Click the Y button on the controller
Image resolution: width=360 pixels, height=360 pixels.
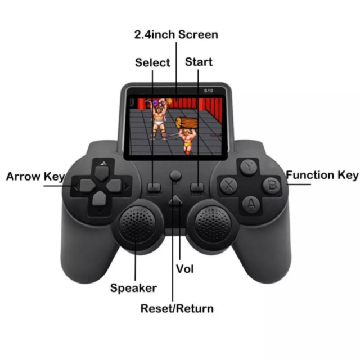pos(249,167)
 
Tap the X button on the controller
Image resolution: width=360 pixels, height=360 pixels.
pos(229,185)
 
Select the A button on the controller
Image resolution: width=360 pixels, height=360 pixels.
pos(251,204)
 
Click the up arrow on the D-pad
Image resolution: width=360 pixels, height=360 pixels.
pos(102,173)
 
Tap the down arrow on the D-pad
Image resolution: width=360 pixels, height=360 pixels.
pos(100,199)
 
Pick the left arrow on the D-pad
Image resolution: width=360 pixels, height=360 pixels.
pos(88,186)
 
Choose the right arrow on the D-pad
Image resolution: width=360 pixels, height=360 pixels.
pos(114,186)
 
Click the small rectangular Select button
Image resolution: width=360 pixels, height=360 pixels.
pos(154,187)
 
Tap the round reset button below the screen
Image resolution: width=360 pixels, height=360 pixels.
pos(175,175)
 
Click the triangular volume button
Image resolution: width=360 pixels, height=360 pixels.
pos(175,200)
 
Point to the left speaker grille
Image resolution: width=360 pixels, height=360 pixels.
pos(137,224)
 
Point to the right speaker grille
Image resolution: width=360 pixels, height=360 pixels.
pos(213,224)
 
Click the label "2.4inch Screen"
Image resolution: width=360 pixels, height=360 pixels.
pos(176,35)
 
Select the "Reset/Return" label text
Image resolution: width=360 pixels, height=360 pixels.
pos(177,308)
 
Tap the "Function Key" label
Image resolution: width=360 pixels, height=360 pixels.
pos(322,175)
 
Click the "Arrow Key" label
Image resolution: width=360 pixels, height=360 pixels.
pos(35,176)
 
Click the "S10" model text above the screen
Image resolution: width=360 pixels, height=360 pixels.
pos(209,91)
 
